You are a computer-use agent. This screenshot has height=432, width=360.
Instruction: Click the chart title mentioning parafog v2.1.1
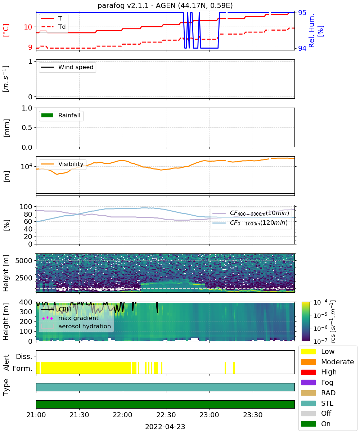pyautogui.click(x=165, y=5)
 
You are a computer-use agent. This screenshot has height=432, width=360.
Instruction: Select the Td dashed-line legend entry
pyautogui.click(x=53, y=27)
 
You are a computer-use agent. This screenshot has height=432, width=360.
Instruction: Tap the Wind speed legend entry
pyautogui.click(x=67, y=67)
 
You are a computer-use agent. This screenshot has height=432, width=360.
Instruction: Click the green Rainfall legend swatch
pyautogui.click(x=48, y=115)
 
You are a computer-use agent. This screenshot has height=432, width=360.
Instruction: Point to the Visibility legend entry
pyautogui.click(x=62, y=164)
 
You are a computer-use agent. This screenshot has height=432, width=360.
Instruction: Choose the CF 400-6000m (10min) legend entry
pyautogui.click(x=251, y=213)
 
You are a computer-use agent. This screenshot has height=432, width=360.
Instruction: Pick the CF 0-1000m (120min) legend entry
pyautogui.click(x=250, y=222)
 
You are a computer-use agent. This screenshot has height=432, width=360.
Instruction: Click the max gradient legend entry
pyautogui.click(x=70, y=318)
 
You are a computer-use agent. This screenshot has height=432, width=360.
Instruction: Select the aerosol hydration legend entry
pyautogui.click(x=76, y=326)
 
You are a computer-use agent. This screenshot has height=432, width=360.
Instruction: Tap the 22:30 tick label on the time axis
pyautogui.click(x=166, y=415)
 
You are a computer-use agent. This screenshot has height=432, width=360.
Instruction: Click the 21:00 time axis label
pyautogui.click(x=36, y=415)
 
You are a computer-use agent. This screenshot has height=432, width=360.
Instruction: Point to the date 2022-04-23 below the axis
pyautogui.click(x=165, y=427)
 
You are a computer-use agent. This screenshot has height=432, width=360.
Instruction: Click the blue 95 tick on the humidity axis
pyautogui.click(x=302, y=13)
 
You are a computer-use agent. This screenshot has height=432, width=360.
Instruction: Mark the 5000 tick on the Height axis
pyautogui.click(x=24, y=261)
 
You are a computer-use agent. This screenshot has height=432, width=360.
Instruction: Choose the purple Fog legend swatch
pyautogui.click(x=308, y=382)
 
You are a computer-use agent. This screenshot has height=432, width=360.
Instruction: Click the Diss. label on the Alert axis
pyautogui.click(x=24, y=356)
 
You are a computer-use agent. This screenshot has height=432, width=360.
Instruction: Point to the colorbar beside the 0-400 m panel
pyautogui.click(x=306, y=321)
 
